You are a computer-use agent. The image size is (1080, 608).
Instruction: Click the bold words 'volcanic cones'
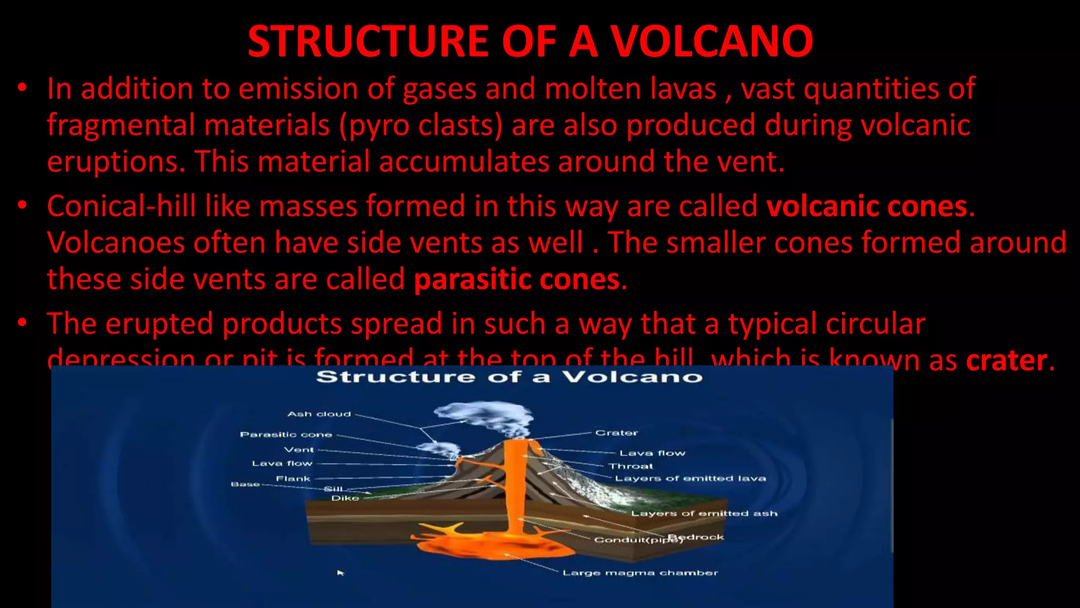pyautogui.click(x=866, y=206)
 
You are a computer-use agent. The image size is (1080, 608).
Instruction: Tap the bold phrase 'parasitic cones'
pyautogui.click(x=516, y=279)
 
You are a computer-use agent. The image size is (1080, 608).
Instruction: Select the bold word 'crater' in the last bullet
pyautogui.click(x=1006, y=360)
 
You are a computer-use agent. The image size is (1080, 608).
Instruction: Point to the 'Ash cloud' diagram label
pyautogui.click(x=319, y=414)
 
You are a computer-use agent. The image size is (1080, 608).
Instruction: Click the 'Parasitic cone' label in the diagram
pyautogui.click(x=286, y=435)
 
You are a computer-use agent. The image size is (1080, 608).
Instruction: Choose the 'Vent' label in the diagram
pyautogui.click(x=299, y=450)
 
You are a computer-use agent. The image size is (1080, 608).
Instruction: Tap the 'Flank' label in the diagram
pyautogui.click(x=293, y=479)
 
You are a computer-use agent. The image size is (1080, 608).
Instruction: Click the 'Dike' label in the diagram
pyautogui.click(x=345, y=498)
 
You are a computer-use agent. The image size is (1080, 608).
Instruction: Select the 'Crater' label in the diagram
pyautogui.click(x=616, y=433)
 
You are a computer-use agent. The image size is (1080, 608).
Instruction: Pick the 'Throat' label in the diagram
pyautogui.click(x=631, y=466)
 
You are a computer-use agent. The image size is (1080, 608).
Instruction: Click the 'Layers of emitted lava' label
pyautogui.click(x=690, y=479)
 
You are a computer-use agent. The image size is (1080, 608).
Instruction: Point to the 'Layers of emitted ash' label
pyautogui.click(x=704, y=513)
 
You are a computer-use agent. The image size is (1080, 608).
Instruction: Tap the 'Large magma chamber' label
pyautogui.click(x=640, y=573)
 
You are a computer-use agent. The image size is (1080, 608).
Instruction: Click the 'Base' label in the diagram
pyautogui.click(x=245, y=484)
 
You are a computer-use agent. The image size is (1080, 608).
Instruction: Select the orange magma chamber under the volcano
pyautogui.click(x=490, y=544)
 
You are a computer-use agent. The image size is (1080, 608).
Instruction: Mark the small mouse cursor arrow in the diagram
pyautogui.click(x=341, y=573)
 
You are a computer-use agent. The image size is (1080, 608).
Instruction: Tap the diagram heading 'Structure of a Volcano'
pyautogui.click(x=509, y=377)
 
